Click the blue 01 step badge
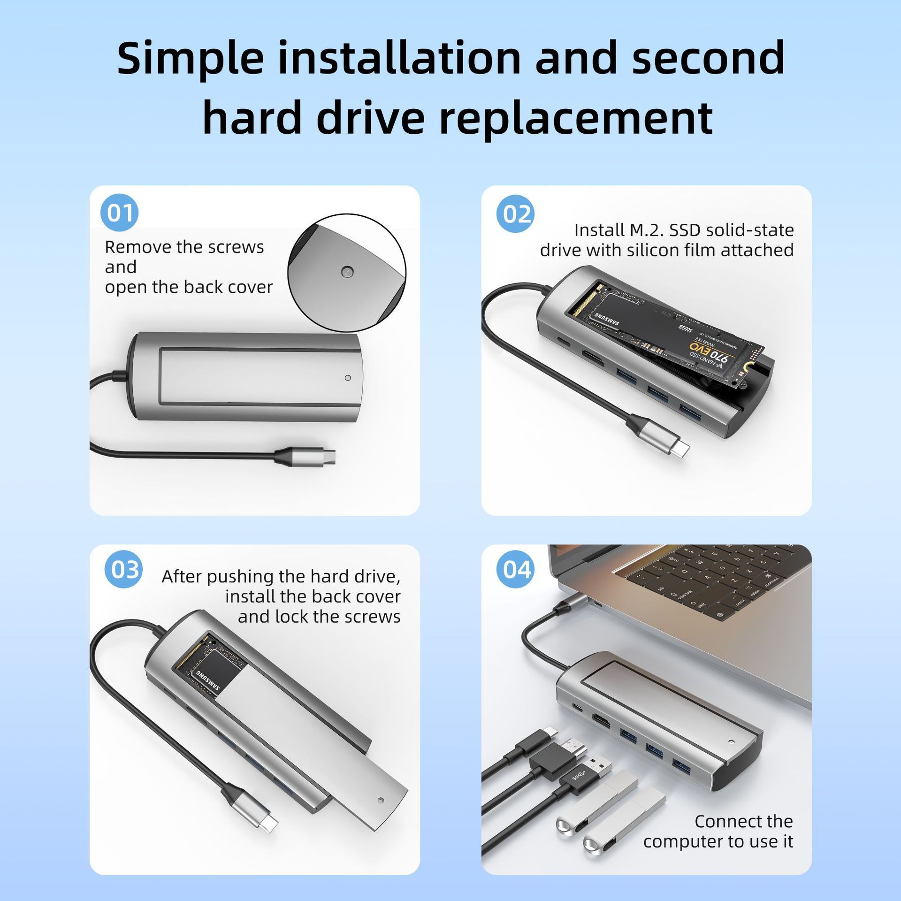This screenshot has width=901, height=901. pyautogui.click(x=120, y=213)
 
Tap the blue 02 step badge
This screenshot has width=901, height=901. pyautogui.click(x=516, y=214)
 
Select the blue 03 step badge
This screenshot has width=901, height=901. pyautogui.click(x=123, y=569)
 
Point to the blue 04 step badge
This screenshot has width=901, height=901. pyautogui.click(x=516, y=569)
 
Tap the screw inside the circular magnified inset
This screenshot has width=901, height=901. pyautogui.click(x=347, y=271)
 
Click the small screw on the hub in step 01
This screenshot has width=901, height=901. pyautogui.click(x=347, y=377)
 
